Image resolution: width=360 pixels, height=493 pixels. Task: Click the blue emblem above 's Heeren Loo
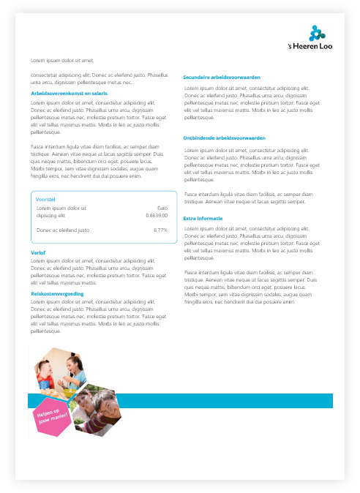[316, 33]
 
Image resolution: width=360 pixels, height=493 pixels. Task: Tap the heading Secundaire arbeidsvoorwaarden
[222, 77]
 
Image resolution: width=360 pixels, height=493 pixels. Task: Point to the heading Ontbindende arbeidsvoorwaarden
[224, 138]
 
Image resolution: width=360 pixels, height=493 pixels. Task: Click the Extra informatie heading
[203, 218]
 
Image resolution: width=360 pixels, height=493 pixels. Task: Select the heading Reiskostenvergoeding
[57, 293]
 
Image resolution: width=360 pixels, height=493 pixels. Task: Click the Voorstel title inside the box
[46, 199]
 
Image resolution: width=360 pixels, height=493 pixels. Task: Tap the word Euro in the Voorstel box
[162, 208]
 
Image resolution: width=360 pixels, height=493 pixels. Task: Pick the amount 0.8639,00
[156, 216]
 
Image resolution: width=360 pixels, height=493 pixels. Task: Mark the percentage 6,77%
[160, 230]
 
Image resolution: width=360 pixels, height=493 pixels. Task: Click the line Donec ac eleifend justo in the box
[63, 230]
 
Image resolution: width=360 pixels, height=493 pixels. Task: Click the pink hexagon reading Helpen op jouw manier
[52, 417]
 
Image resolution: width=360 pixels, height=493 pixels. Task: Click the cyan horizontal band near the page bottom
[220, 401]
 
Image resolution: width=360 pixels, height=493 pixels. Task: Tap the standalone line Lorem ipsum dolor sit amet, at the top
[63, 59]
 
